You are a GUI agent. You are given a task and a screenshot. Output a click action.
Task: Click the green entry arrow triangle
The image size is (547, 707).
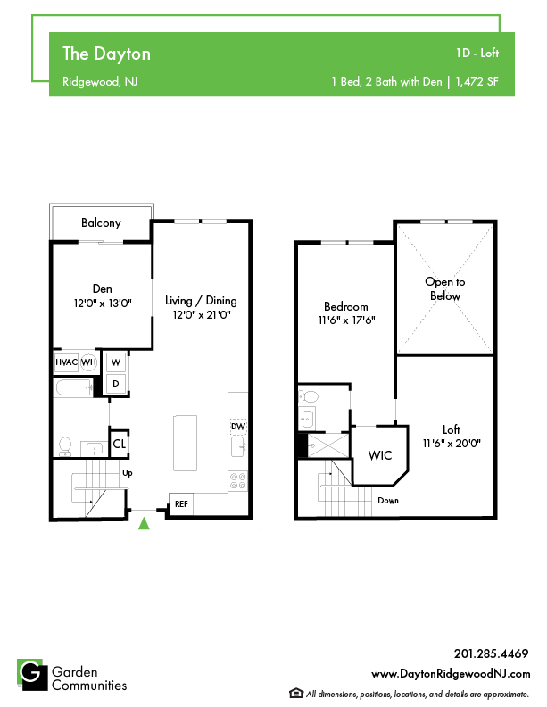[x=144, y=523]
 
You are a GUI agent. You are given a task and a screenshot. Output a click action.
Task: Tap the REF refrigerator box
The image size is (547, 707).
[x=181, y=503]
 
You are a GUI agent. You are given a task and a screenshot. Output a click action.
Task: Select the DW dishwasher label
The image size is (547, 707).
[x=238, y=427]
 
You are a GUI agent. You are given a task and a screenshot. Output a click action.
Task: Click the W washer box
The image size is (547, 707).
[x=116, y=362]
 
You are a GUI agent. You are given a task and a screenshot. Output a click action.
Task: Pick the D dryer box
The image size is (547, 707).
[x=116, y=384]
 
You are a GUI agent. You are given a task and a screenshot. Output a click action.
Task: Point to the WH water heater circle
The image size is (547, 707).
[x=88, y=362]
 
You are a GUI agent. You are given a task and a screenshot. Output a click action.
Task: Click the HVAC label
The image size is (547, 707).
[x=66, y=362]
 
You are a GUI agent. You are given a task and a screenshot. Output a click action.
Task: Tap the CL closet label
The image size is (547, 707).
[x=119, y=445]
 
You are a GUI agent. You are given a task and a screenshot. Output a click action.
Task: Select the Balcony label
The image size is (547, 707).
[x=101, y=223]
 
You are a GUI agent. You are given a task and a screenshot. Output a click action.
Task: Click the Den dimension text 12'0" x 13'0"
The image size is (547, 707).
[x=103, y=303]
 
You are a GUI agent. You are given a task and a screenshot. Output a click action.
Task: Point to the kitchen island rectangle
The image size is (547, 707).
[x=186, y=444]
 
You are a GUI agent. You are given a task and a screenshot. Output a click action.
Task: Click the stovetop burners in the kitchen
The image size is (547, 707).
[x=238, y=480]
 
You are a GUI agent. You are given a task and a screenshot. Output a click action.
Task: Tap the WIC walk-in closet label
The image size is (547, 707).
[x=380, y=455]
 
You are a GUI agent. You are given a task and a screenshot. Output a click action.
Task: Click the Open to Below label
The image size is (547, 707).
[x=445, y=289]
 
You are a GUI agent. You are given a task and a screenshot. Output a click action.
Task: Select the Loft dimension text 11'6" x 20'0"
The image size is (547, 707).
[x=452, y=444]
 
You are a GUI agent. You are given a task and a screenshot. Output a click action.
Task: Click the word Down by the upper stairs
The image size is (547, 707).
[x=388, y=501]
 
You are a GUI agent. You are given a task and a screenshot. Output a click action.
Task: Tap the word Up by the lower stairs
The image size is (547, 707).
[x=128, y=473]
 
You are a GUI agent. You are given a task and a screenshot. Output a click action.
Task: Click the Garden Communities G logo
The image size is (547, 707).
[x=32, y=675]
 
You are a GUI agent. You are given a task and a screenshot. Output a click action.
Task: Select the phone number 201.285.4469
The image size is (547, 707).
[x=491, y=653]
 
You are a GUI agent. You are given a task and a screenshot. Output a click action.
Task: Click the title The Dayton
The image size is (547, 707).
[x=106, y=54]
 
